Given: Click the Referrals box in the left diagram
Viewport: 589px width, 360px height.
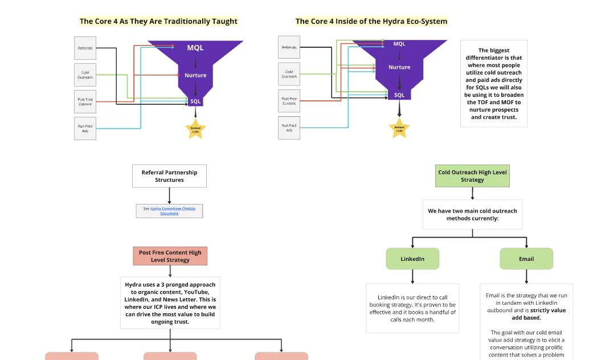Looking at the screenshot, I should tap(85, 48).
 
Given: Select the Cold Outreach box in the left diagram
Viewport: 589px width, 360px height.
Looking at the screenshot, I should tap(85, 75).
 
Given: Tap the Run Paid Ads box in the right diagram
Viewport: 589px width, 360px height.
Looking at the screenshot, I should tap(289, 128).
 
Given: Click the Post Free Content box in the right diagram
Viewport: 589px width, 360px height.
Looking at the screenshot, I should tap(289, 101).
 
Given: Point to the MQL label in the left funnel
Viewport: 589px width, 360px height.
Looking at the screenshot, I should tap(195, 48).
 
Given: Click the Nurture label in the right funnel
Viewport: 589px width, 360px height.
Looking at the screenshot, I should tap(399, 67).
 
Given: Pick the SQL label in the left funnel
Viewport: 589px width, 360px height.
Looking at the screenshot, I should tap(195, 101).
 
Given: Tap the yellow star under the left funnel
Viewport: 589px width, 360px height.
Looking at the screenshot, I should tap(195, 128).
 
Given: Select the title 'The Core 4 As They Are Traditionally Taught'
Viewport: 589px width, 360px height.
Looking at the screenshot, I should tap(158, 21).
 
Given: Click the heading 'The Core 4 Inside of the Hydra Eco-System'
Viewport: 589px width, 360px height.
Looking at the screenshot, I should tap(371, 21).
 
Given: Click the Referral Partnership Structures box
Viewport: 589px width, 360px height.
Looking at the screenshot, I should tap(169, 176).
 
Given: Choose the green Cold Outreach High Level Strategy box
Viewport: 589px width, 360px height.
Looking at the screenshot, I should tap(472, 176).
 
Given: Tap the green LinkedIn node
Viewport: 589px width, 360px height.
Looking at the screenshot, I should tap(412, 259).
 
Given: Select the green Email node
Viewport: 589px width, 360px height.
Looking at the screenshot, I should tap(526, 259).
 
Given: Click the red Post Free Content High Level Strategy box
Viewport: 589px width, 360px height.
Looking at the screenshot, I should tap(170, 256).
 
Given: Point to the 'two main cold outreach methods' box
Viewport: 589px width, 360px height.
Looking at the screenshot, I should tap(472, 214).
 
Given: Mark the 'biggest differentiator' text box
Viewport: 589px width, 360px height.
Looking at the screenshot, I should tap(493, 84).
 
